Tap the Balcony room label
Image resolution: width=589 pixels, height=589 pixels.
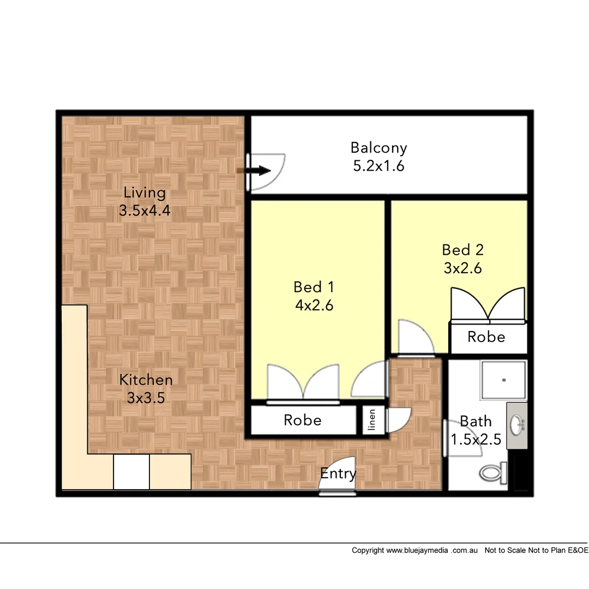click(x=378, y=148)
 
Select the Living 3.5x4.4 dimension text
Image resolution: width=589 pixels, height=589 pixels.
click(x=145, y=211)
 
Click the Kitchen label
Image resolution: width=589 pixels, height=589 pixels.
click(x=146, y=380)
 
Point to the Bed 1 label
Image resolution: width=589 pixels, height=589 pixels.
click(x=314, y=287)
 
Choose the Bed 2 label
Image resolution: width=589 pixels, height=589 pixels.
click(x=462, y=250)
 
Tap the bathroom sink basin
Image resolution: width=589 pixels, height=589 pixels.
click(x=516, y=423)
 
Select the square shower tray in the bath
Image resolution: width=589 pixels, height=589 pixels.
click(x=503, y=380)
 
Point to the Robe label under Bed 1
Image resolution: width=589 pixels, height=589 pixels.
click(x=302, y=420)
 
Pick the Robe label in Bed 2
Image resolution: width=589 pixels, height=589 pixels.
click(x=486, y=337)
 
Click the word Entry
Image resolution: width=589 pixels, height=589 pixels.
click(x=338, y=474)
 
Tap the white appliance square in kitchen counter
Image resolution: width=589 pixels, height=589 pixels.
click(x=131, y=472)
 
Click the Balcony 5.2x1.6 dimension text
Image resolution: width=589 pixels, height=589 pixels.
click(x=378, y=166)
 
